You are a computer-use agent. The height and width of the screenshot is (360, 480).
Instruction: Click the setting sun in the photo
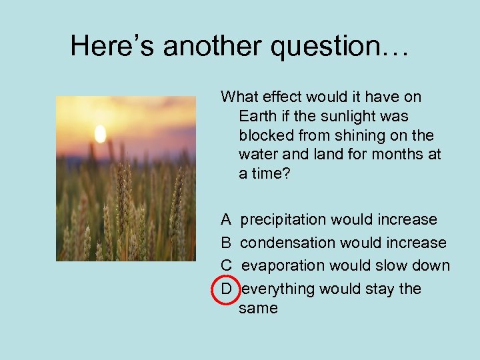pyautogui.click(x=100, y=134)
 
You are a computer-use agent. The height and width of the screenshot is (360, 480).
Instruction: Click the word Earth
pyautogui.click(x=257, y=116)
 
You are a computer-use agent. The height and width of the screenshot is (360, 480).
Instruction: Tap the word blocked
pyautogui.click(x=266, y=135)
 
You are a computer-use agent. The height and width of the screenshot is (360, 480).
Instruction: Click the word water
pyautogui.click(x=257, y=155)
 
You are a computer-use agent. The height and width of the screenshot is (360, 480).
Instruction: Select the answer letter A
pyautogui.click(x=227, y=219)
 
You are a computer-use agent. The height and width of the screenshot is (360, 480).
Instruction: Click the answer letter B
pyautogui.click(x=227, y=243)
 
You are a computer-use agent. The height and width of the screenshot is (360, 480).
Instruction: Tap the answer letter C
pyautogui.click(x=227, y=265)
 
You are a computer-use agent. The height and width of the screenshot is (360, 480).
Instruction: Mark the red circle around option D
pyautogui.click(x=226, y=289)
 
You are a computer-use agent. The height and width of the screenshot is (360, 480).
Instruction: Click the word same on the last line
pyautogui.click(x=258, y=308)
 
